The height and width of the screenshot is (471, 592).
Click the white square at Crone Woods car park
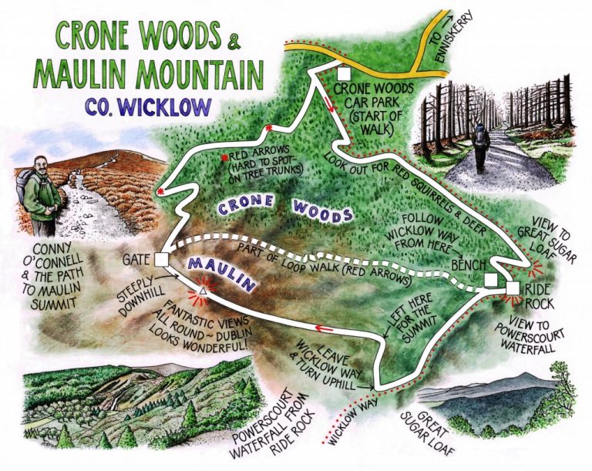[344, 73]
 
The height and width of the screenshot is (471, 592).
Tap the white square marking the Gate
[161, 258]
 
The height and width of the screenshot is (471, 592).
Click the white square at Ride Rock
[513, 288]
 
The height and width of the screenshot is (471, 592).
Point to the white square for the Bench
[490, 280]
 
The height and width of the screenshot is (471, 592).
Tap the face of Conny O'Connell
[42, 168]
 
